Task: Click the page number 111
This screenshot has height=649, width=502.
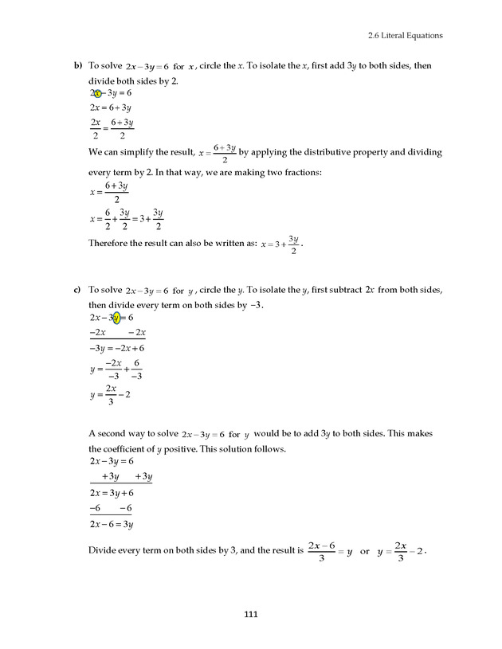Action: pyautogui.click(x=251, y=614)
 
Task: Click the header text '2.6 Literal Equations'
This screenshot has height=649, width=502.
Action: pyautogui.click(x=405, y=35)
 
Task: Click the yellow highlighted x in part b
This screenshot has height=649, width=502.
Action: pyautogui.click(x=97, y=93)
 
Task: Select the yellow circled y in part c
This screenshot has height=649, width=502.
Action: pyautogui.click(x=116, y=318)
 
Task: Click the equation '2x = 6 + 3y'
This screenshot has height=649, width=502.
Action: pyautogui.click(x=110, y=108)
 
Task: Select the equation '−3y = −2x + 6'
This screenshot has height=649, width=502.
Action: pyautogui.click(x=116, y=348)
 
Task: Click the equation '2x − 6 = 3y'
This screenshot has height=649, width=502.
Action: pyautogui.click(x=111, y=524)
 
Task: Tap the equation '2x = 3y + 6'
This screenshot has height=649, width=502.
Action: pyautogui.click(x=111, y=493)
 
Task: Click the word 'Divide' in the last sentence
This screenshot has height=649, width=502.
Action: pyautogui.click(x=103, y=550)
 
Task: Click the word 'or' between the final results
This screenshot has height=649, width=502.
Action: pyautogui.click(x=365, y=551)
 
